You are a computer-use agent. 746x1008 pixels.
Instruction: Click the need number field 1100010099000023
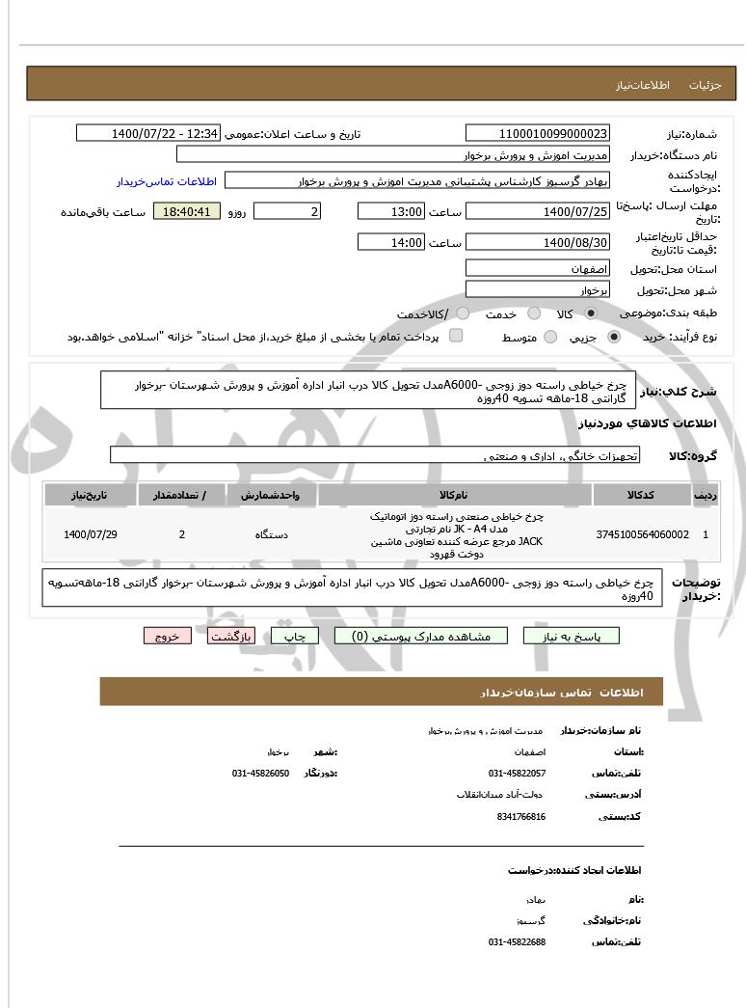pyautogui.click(x=537, y=133)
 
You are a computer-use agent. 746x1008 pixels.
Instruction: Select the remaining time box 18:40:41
pyautogui.click(x=187, y=211)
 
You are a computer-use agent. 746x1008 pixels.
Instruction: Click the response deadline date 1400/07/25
pyautogui.click(x=537, y=211)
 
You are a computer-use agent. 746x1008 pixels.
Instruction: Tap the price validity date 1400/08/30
pyautogui.click(x=537, y=242)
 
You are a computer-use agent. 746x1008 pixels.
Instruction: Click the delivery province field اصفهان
pyautogui.click(x=537, y=267)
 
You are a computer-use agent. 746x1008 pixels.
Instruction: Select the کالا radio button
pyautogui.click(x=591, y=314)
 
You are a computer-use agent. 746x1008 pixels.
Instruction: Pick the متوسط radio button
pyautogui.click(x=550, y=337)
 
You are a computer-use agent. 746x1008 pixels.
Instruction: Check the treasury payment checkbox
pyautogui.click(x=456, y=336)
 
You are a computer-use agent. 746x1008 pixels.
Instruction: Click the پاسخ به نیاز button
pyautogui.click(x=571, y=636)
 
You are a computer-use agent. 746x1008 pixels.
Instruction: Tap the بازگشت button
pyautogui.click(x=231, y=636)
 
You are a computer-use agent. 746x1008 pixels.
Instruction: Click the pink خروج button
pyautogui.click(x=168, y=636)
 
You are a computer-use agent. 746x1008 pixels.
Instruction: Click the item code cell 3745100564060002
pyautogui.click(x=642, y=534)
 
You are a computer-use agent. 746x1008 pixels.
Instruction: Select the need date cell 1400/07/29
pyautogui.click(x=91, y=534)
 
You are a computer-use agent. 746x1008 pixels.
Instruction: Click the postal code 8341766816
pyautogui.click(x=521, y=816)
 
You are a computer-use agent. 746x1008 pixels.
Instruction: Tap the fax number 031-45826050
pyautogui.click(x=260, y=774)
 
